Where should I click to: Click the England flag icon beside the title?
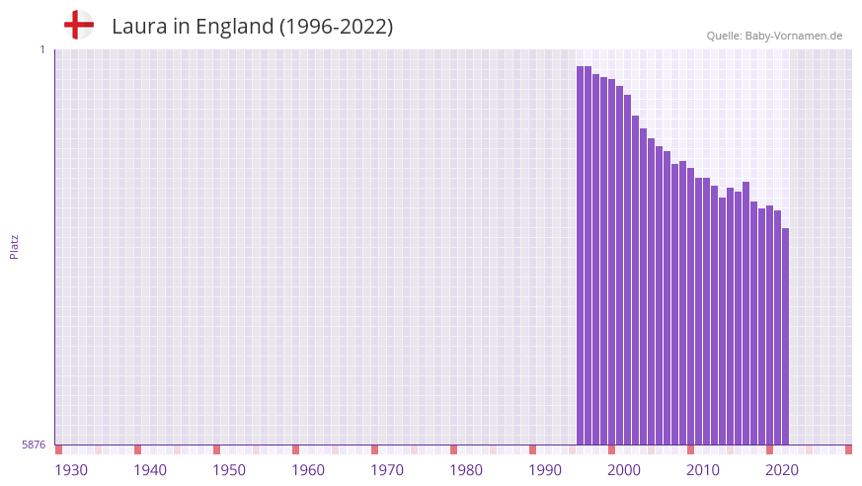[x=79, y=25]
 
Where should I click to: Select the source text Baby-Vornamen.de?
[x=794, y=36]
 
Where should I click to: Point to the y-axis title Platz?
[x=14, y=247]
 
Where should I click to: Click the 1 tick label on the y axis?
[x=41, y=49]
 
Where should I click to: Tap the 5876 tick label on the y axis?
[x=34, y=445]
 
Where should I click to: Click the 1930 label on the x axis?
[x=71, y=470]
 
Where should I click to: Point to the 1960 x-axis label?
[x=308, y=470]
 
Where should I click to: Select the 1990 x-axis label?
[x=545, y=470]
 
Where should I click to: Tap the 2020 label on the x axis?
[x=782, y=470]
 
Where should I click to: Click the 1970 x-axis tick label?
[x=387, y=470]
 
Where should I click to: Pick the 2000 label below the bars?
[x=624, y=470]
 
